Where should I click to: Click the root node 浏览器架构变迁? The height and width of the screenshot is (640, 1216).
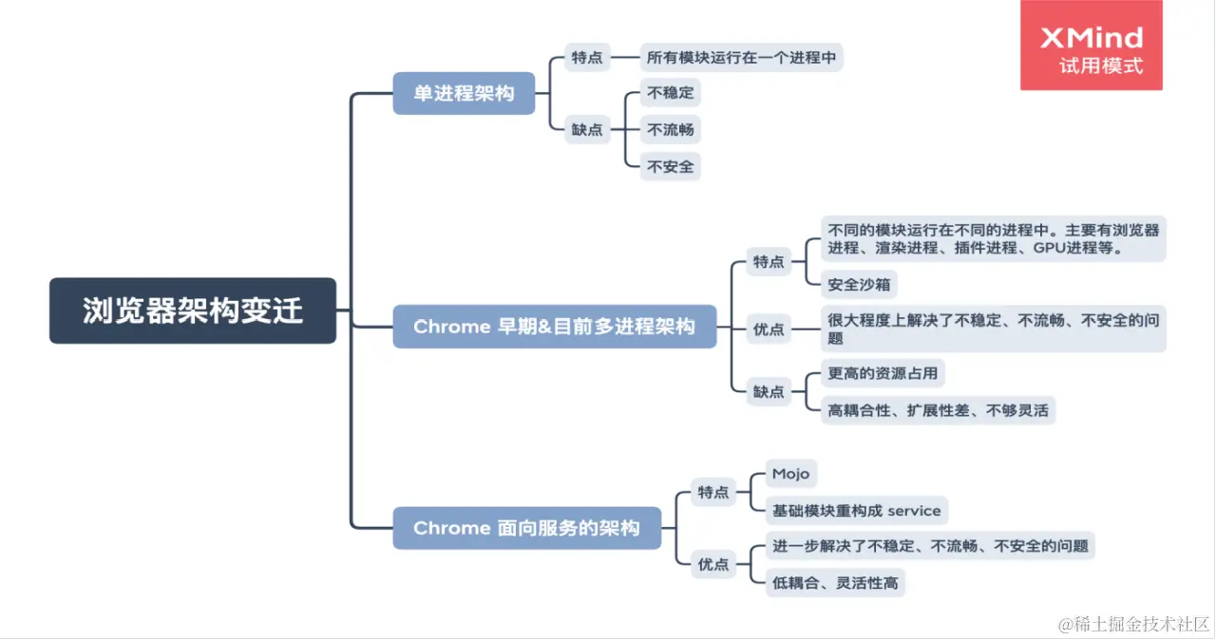click(x=193, y=311)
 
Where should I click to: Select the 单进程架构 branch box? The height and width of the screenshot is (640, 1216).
click(x=464, y=93)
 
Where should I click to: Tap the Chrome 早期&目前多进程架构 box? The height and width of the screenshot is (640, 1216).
click(x=554, y=327)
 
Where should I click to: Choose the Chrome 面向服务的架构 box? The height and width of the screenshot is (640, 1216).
click(x=526, y=528)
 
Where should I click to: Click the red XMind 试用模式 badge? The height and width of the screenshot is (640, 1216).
click(x=1091, y=46)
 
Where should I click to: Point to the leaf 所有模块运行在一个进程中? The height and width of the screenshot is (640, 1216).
click(x=741, y=57)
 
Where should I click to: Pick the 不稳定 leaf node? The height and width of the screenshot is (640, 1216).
click(x=670, y=93)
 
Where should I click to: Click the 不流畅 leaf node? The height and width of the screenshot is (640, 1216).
click(x=670, y=130)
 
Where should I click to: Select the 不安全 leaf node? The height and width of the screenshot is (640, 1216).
click(x=670, y=166)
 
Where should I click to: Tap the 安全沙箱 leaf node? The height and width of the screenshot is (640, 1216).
click(x=859, y=284)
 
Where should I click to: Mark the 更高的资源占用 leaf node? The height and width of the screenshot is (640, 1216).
click(x=883, y=373)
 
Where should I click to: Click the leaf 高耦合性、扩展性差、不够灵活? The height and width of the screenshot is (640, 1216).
click(x=938, y=410)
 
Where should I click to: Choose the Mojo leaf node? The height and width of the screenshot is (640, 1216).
click(x=790, y=474)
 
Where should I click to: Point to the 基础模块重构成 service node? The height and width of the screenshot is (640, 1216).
click(x=856, y=511)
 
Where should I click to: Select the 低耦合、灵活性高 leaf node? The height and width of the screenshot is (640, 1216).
click(x=834, y=582)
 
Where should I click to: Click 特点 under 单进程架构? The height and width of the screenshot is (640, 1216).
click(x=587, y=57)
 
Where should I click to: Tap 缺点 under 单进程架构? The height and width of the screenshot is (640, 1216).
click(x=587, y=130)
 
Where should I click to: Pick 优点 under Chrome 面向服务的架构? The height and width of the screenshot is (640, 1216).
click(x=713, y=564)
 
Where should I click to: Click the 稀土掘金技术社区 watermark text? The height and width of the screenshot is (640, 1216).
click(x=1133, y=624)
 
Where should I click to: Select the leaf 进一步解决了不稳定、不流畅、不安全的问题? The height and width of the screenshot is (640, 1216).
click(x=929, y=546)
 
